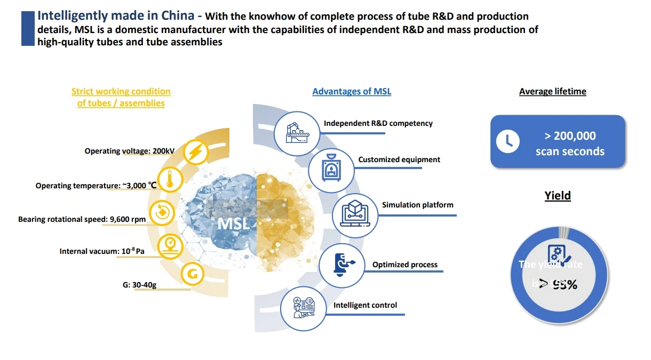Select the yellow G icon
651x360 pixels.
193,275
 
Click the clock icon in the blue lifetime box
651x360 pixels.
507,141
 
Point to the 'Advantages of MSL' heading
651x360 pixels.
352,91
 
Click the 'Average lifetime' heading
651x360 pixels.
552,91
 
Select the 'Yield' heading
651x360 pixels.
558,196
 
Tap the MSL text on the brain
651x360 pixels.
233,223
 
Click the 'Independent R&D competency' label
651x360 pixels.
378,123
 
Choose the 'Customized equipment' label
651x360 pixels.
399,159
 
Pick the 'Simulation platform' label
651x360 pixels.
417,205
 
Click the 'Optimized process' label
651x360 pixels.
404,265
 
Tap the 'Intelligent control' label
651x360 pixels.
365,305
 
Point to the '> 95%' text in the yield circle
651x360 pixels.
558,284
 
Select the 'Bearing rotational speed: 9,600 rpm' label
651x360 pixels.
82,219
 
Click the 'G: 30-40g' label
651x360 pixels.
139,285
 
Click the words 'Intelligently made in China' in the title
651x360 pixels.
116,15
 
